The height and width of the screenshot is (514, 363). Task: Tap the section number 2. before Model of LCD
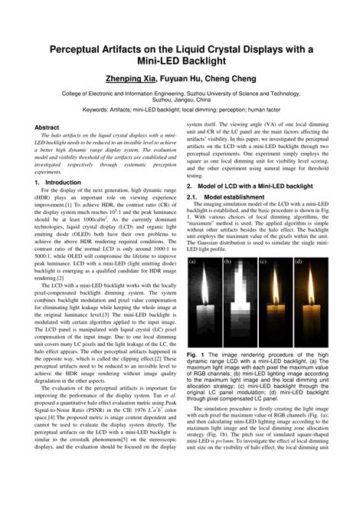(x=191, y=185)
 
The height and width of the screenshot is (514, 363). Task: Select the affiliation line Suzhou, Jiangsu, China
(x=181, y=100)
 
